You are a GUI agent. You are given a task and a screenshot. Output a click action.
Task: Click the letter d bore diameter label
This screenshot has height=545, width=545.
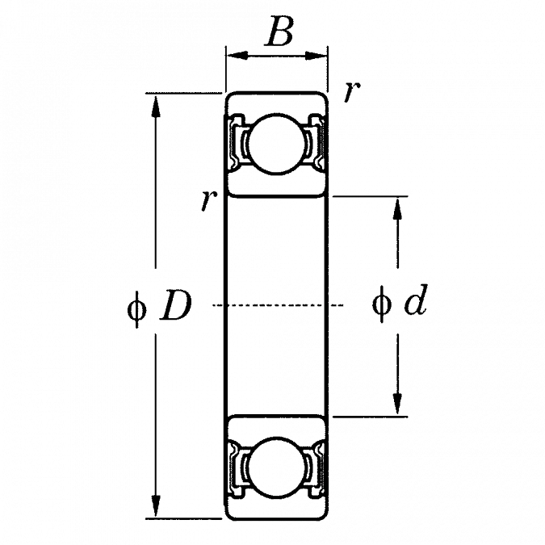coord(414,304)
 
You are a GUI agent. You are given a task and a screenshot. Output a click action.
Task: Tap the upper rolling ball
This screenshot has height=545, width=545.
coord(277,145)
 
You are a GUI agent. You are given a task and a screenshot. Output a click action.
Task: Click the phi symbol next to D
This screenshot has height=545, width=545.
coord(137,307)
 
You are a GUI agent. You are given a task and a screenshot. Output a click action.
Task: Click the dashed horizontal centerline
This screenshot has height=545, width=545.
coord(275,306)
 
